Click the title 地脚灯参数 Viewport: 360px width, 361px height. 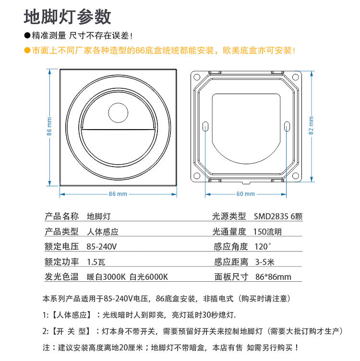68,17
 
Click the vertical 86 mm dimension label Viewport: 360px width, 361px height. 49,127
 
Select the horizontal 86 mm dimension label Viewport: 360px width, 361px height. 118,194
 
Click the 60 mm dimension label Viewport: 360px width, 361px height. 246,194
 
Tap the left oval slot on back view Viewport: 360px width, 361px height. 205,127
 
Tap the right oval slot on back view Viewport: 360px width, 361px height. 287,127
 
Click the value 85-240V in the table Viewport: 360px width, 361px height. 102,247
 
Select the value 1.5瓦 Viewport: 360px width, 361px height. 96,262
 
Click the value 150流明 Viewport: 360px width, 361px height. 267,232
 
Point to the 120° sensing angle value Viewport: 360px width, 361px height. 263,247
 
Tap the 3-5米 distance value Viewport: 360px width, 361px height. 264,262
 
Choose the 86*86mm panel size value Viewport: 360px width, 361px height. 273,277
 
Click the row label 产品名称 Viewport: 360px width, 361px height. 61,217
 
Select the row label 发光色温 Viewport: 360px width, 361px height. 61,277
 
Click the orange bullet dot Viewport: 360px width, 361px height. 27,50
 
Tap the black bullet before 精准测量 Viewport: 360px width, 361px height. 27,36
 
